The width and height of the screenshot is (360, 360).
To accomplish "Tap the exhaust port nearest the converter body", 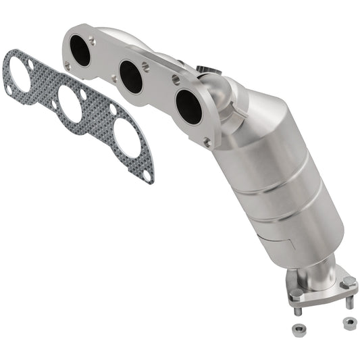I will pos(188,105).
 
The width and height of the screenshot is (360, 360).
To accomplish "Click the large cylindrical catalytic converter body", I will pos(277,182).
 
